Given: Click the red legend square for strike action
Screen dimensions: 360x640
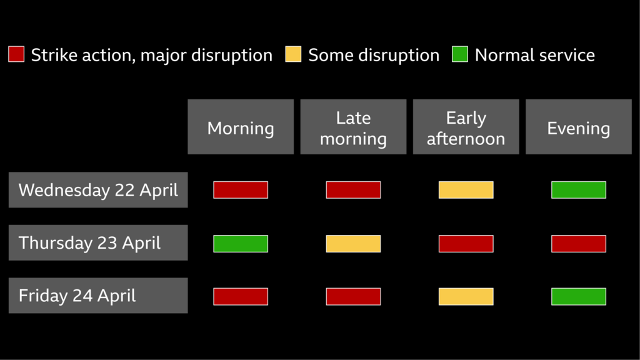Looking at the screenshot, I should [x=16, y=54].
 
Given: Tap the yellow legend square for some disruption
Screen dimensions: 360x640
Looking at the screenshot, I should [x=293, y=54].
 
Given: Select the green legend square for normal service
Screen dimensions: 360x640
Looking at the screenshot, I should [x=460, y=54].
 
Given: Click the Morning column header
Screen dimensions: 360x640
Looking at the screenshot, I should [x=241, y=127].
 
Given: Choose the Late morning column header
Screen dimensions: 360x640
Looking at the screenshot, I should [x=353, y=127].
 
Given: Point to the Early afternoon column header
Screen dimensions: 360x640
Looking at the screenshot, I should [x=466, y=127].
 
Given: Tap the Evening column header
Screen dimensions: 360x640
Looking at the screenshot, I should [x=578, y=127].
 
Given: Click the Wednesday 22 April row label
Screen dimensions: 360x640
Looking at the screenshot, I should [x=98, y=190].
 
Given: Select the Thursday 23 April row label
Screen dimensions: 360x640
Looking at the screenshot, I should [x=98, y=243].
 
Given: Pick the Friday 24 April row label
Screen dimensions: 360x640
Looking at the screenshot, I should [x=98, y=296].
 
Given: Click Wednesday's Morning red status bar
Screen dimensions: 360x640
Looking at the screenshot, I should [x=241, y=190].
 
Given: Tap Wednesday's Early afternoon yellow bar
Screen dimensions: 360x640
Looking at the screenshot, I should [x=466, y=190].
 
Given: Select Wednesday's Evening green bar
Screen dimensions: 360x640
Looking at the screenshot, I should [x=578, y=190].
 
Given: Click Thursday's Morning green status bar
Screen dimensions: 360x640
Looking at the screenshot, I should [x=241, y=244].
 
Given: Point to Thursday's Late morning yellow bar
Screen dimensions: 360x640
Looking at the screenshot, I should [x=353, y=244].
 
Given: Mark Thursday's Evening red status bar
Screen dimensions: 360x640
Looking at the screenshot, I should [x=578, y=244].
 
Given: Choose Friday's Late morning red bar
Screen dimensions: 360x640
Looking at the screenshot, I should [x=353, y=296].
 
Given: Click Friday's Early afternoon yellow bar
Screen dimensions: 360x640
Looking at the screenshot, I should [x=466, y=296].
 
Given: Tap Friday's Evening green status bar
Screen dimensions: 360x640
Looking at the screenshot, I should [x=578, y=296].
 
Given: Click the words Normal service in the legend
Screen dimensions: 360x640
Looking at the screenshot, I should [x=534, y=55].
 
